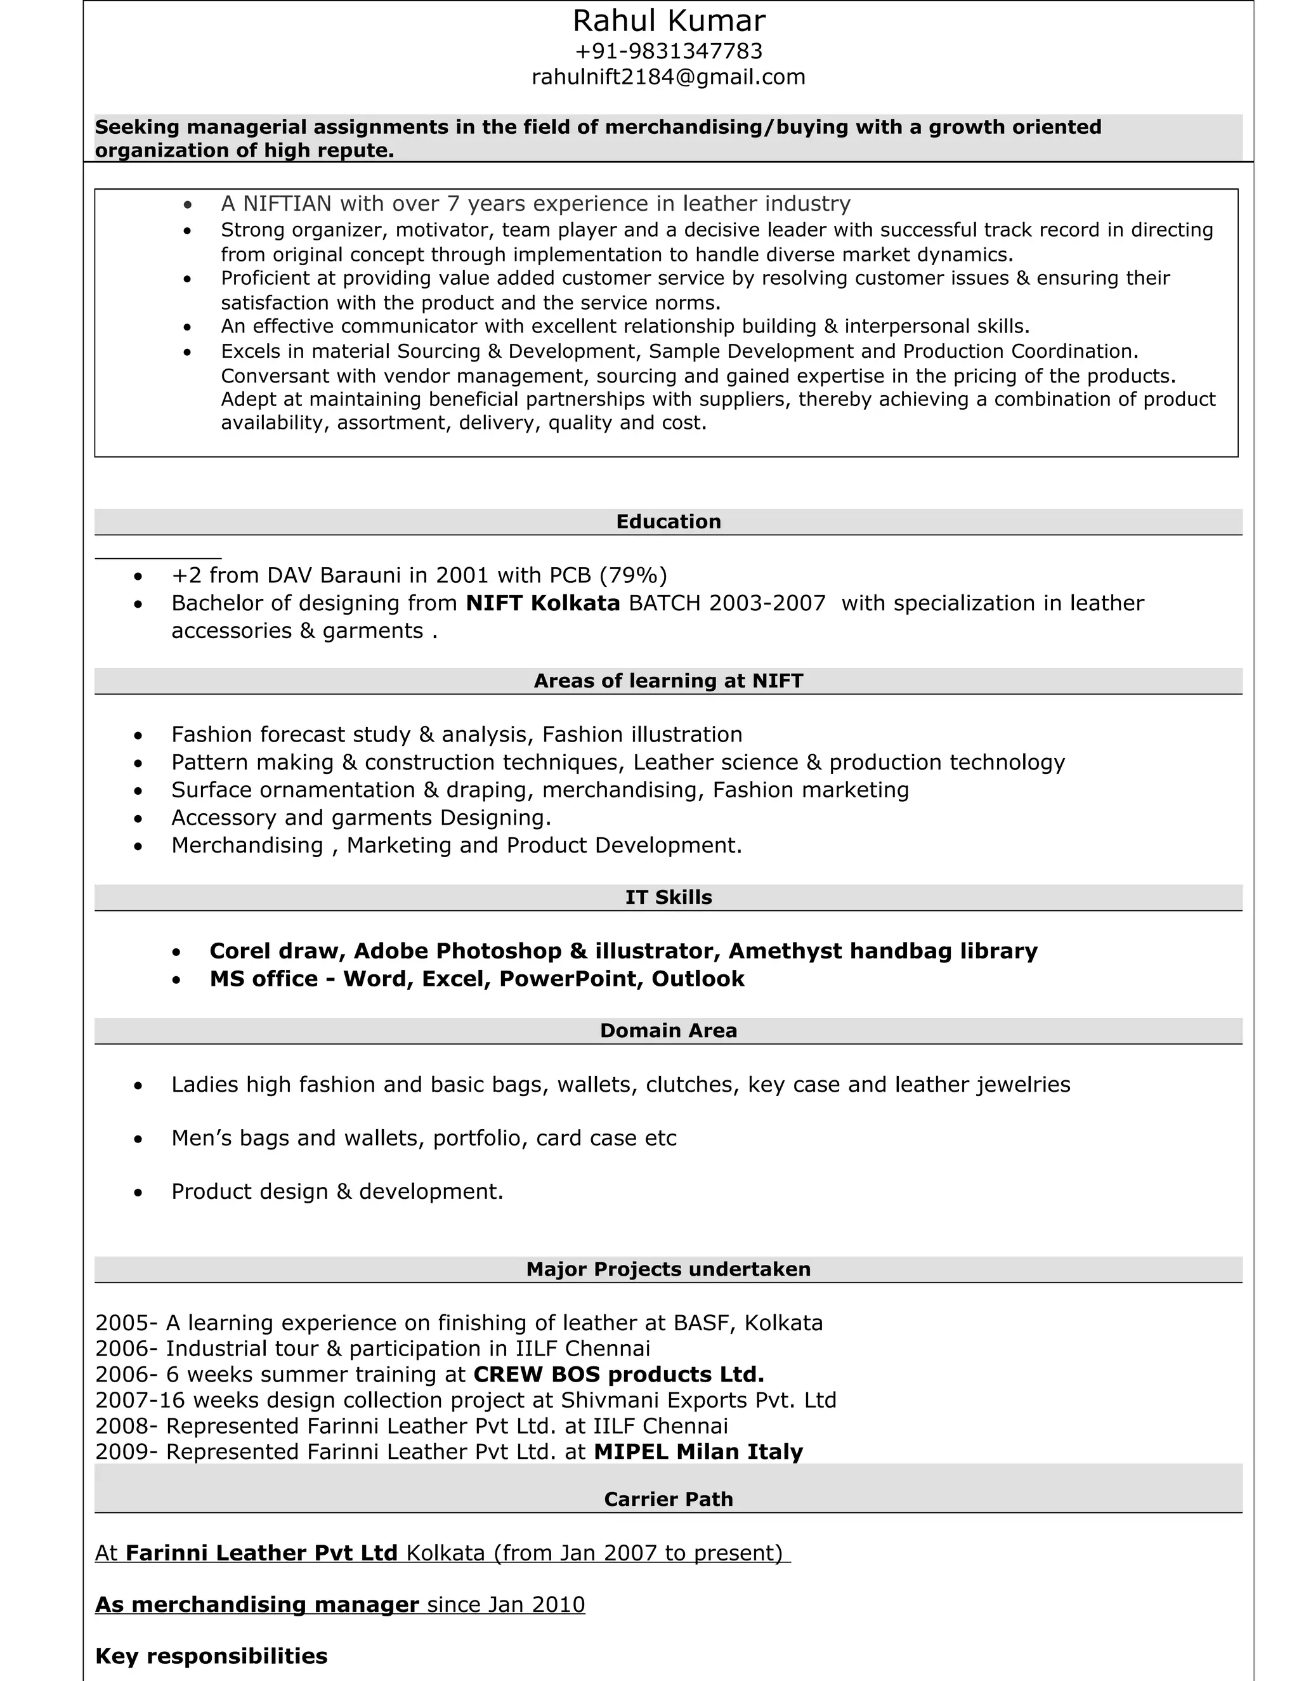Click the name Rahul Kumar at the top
click(x=668, y=22)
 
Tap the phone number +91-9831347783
click(x=668, y=51)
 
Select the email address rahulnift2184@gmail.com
click(x=668, y=77)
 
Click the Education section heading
click(x=668, y=522)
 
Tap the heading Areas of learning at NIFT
click(x=668, y=681)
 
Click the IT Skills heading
click(x=668, y=898)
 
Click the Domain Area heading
click(x=668, y=1031)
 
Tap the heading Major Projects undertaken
click(x=668, y=1269)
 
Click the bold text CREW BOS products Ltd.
click(x=618, y=1375)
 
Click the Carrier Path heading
click(x=668, y=1500)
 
